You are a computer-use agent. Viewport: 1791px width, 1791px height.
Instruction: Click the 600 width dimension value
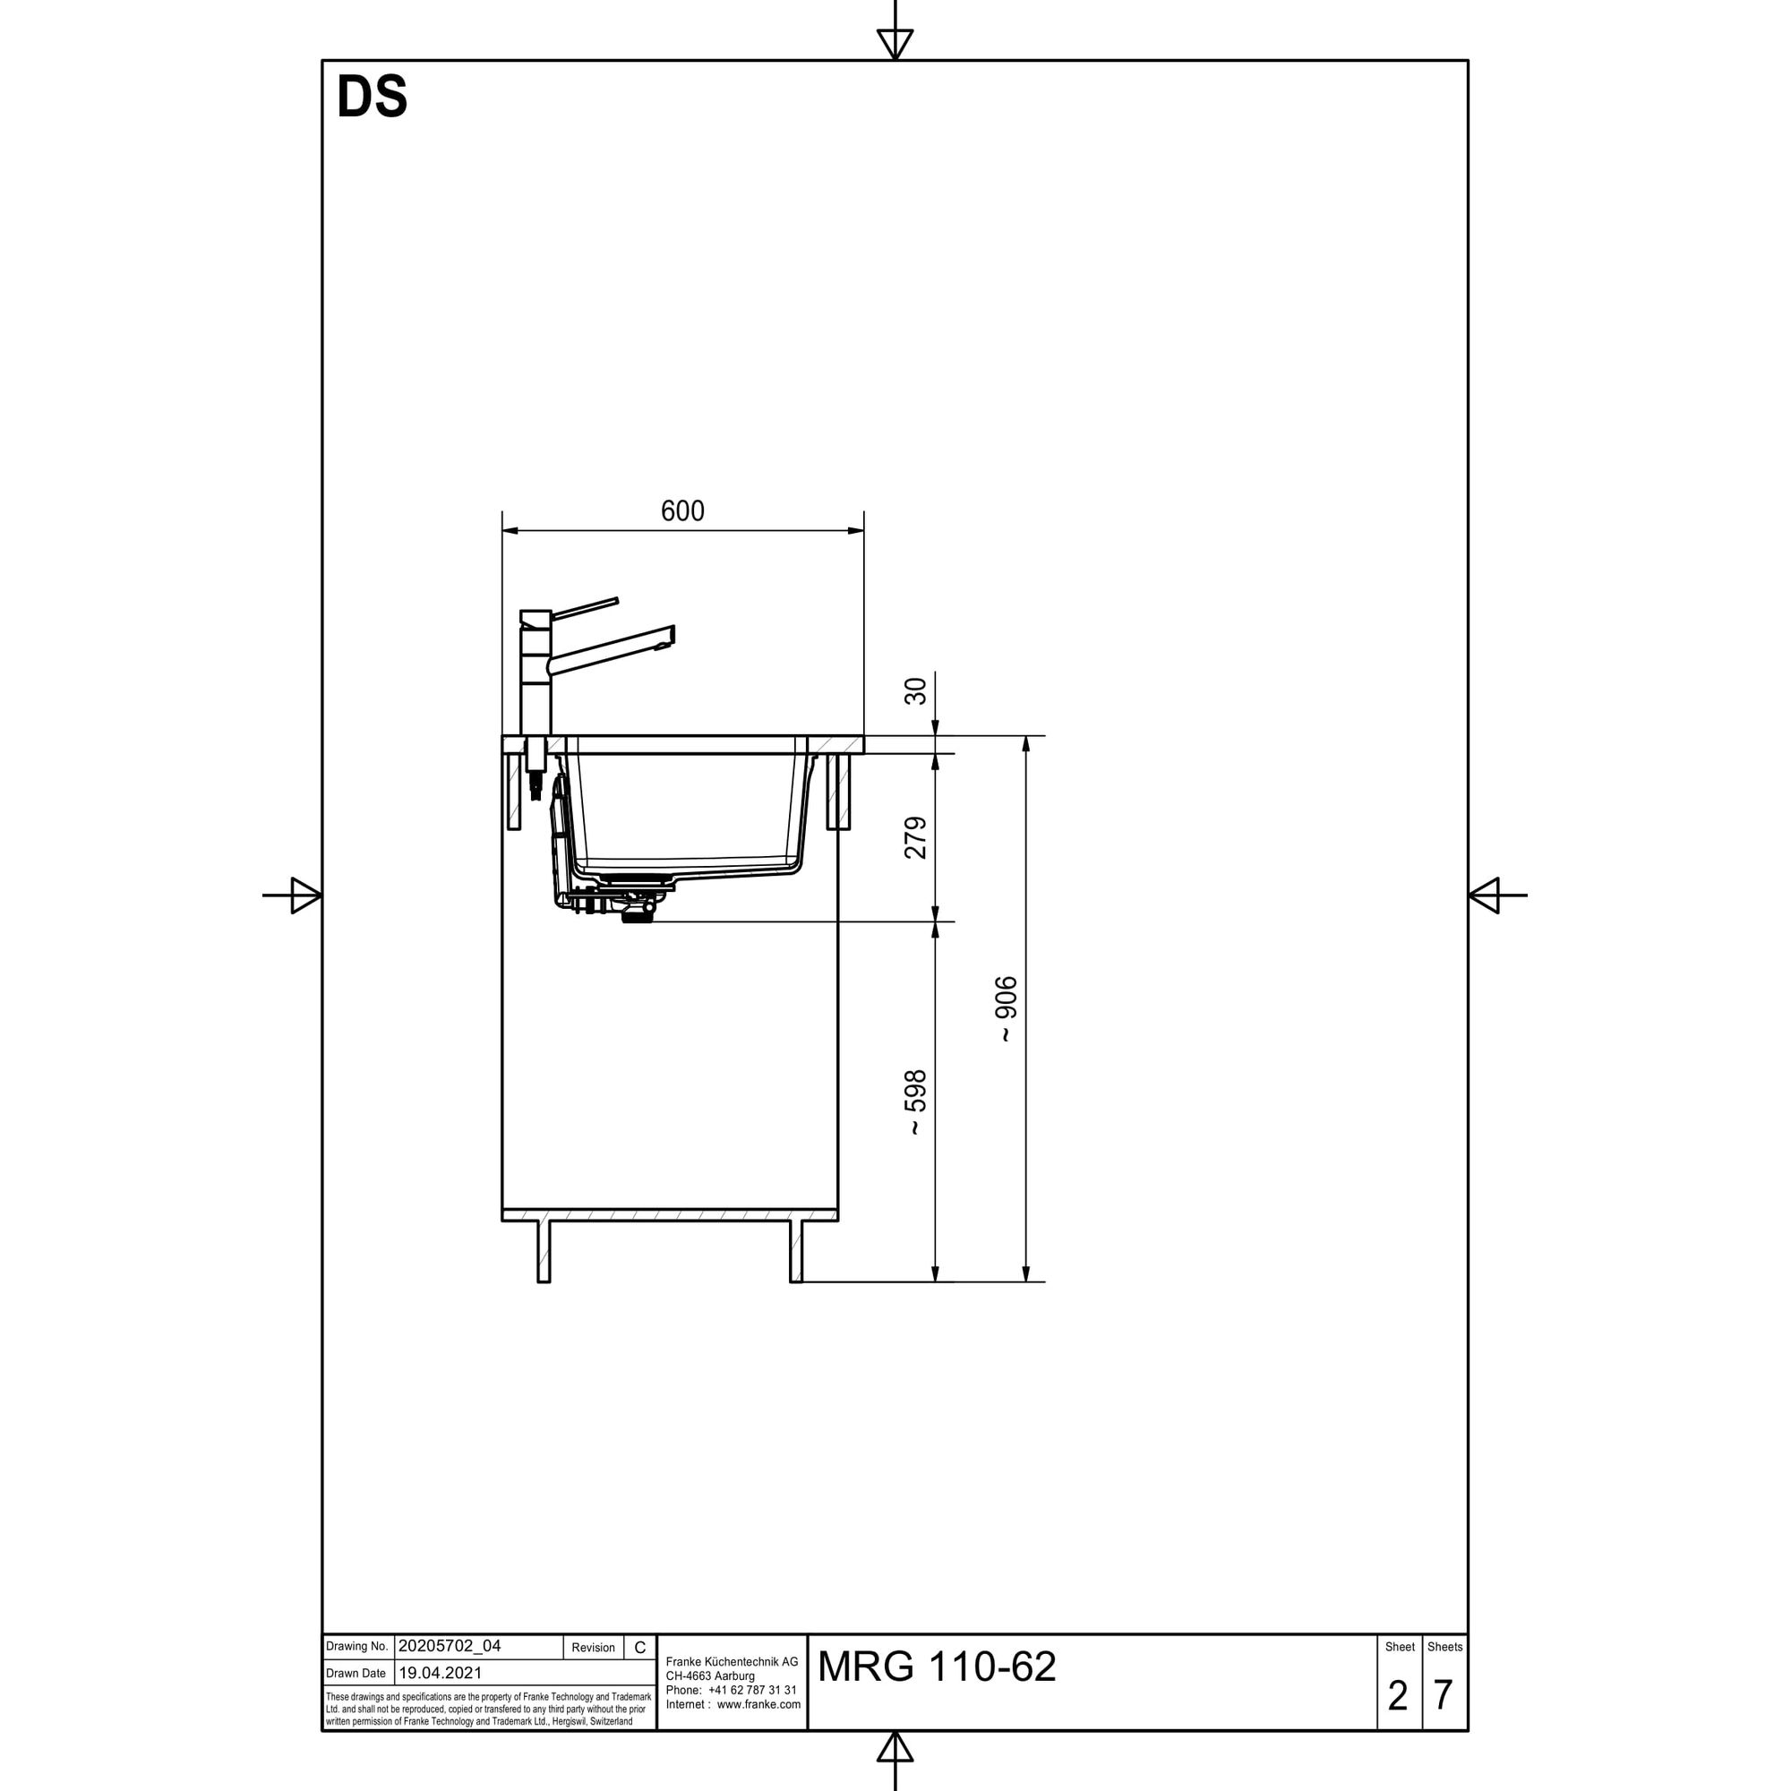682,510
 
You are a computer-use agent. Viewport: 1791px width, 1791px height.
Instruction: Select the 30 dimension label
915,691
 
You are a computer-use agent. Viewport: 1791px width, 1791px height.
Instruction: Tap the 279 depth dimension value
915,838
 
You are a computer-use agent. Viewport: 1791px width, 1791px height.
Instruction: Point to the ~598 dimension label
915,1102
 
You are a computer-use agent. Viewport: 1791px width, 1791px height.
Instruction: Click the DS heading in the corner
372,98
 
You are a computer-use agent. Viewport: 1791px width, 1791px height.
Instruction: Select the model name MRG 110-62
937,1667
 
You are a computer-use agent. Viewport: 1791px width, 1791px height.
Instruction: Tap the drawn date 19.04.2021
441,1674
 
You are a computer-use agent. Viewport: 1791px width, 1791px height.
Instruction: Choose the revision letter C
639,1648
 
